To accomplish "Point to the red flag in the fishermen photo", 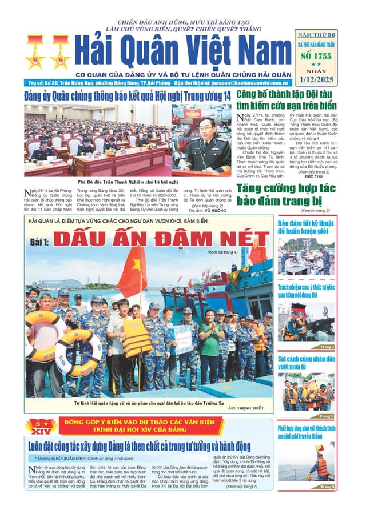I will (132, 271).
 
